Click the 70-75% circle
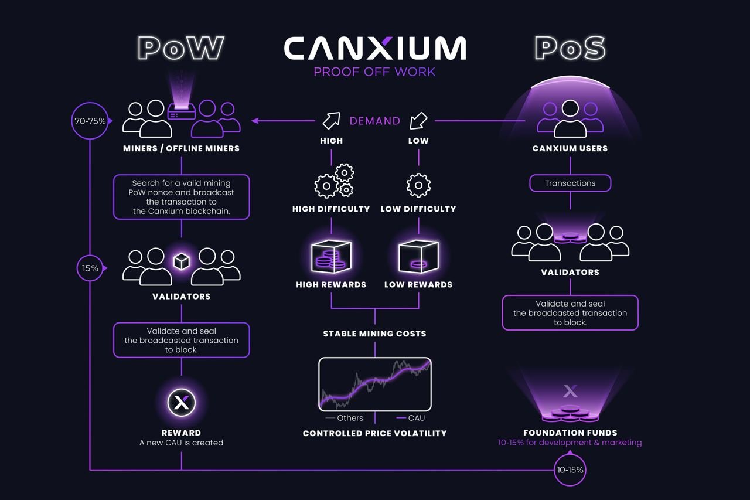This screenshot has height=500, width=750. click(90, 121)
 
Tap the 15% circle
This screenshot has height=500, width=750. click(90, 268)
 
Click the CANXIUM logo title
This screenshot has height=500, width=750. click(375, 49)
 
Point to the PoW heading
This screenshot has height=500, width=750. click(181, 47)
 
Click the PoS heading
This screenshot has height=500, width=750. click(570, 47)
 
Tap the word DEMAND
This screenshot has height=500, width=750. click(375, 121)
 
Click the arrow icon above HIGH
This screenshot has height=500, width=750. click(332, 121)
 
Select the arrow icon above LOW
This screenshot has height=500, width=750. click(418, 121)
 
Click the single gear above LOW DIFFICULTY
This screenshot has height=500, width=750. click(418, 185)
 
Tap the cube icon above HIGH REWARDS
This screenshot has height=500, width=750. click(332, 256)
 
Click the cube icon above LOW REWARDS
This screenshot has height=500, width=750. click(418, 256)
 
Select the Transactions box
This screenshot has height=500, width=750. click(570, 183)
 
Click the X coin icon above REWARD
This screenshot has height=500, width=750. click(182, 403)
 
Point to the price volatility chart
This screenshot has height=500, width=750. click(375, 384)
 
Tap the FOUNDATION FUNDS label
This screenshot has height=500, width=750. click(570, 433)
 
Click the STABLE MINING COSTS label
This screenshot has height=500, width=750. click(375, 334)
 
